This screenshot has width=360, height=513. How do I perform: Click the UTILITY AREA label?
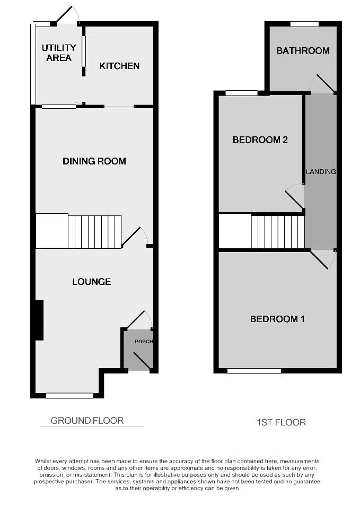59,53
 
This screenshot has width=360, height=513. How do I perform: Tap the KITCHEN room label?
120,66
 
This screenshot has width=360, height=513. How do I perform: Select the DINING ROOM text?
94,161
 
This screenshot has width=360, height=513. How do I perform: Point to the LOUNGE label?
92,282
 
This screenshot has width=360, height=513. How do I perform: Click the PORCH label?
144,341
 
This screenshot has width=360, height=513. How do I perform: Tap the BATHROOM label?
303,51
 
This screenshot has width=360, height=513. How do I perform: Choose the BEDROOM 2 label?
260,140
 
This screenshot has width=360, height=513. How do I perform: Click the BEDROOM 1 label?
277,319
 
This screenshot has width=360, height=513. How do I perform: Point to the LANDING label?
321,172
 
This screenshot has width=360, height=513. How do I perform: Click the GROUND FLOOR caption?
87,421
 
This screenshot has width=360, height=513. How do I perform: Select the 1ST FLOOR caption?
282,422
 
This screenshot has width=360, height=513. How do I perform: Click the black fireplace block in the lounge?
38,320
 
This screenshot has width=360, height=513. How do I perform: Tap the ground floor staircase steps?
95,232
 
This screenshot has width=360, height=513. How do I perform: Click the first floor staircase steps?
278,231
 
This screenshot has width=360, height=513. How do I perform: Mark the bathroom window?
304,24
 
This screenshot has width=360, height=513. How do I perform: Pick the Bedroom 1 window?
254,371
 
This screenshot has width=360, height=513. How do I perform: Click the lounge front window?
69,395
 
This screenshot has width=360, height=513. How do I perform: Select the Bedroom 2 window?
241,93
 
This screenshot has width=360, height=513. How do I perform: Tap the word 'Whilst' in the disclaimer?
45,462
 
